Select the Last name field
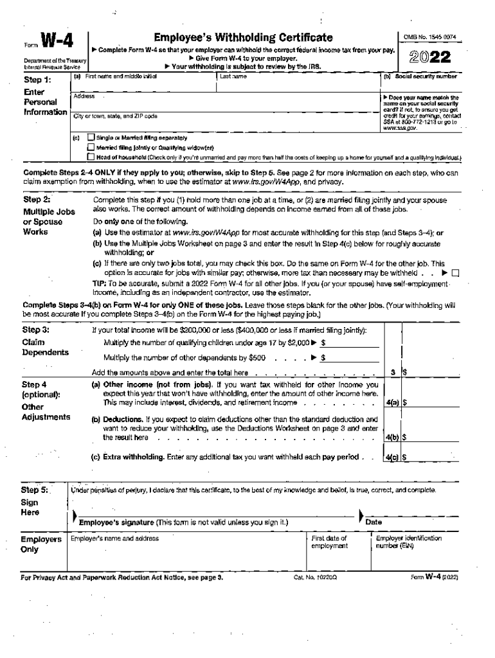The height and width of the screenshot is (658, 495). [x=296, y=85]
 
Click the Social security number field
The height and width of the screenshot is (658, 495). [x=420, y=85]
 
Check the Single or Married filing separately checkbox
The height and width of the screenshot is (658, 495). [x=91, y=138]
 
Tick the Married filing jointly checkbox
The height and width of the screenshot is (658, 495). [x=91, y=148]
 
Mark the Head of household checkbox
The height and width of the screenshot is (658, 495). [x=91, y=157]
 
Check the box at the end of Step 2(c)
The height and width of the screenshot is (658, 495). [x=456, y=272]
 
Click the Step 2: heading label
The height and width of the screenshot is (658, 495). [x=37, y=199]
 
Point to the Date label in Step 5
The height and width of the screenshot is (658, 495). [x=373, y=522]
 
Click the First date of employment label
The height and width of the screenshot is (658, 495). [x=329, y=542]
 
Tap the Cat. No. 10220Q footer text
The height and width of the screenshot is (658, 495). [x=310, y=578]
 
